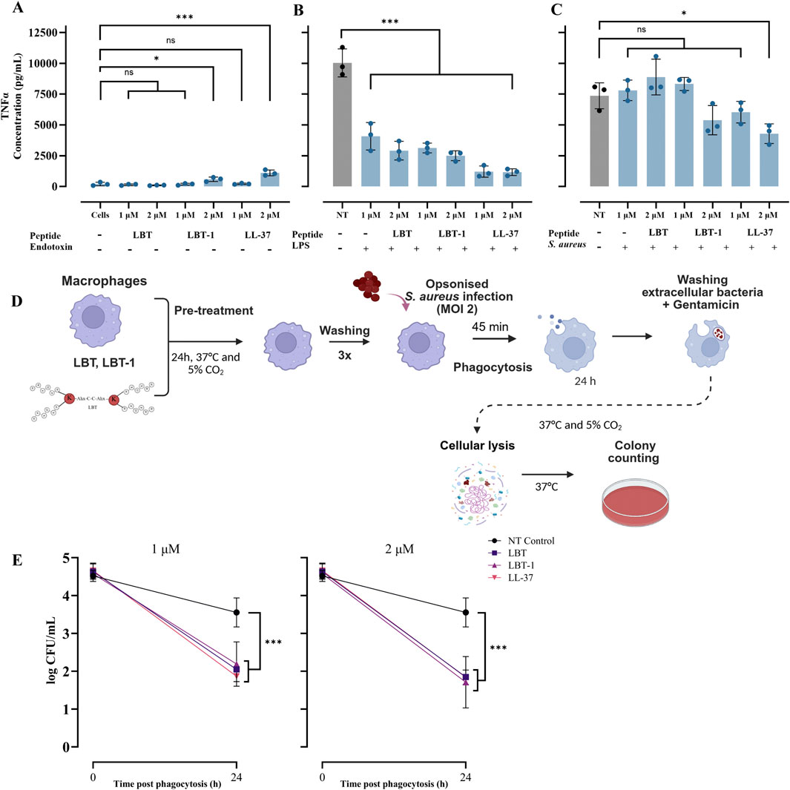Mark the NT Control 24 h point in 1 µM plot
[x=237, y=612]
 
